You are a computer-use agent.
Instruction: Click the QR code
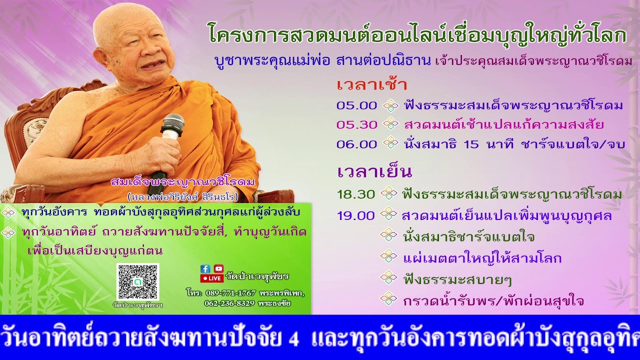point(137,281)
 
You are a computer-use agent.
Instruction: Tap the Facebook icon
point(205,268)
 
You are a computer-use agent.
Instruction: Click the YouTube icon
point(218,268)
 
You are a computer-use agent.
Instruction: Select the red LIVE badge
point(212,278)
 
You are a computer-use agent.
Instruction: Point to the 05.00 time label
point(356,105)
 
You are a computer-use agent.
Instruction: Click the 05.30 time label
point(356,124)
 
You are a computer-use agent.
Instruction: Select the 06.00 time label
point(356,144)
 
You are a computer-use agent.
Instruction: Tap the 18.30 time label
point(355,194)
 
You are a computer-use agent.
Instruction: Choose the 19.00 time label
point(355,215)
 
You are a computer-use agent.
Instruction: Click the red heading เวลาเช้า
point(371,84)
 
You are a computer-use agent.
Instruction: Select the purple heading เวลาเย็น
point(374,171)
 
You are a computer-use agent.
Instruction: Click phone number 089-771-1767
point(230,293)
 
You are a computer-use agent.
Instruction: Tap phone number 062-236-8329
point(229,303)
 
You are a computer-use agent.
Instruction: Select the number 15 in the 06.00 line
point(471,144)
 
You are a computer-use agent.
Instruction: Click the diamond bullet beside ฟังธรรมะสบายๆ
point(388,278)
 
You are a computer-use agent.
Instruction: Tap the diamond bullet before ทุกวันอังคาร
point(8,212)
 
